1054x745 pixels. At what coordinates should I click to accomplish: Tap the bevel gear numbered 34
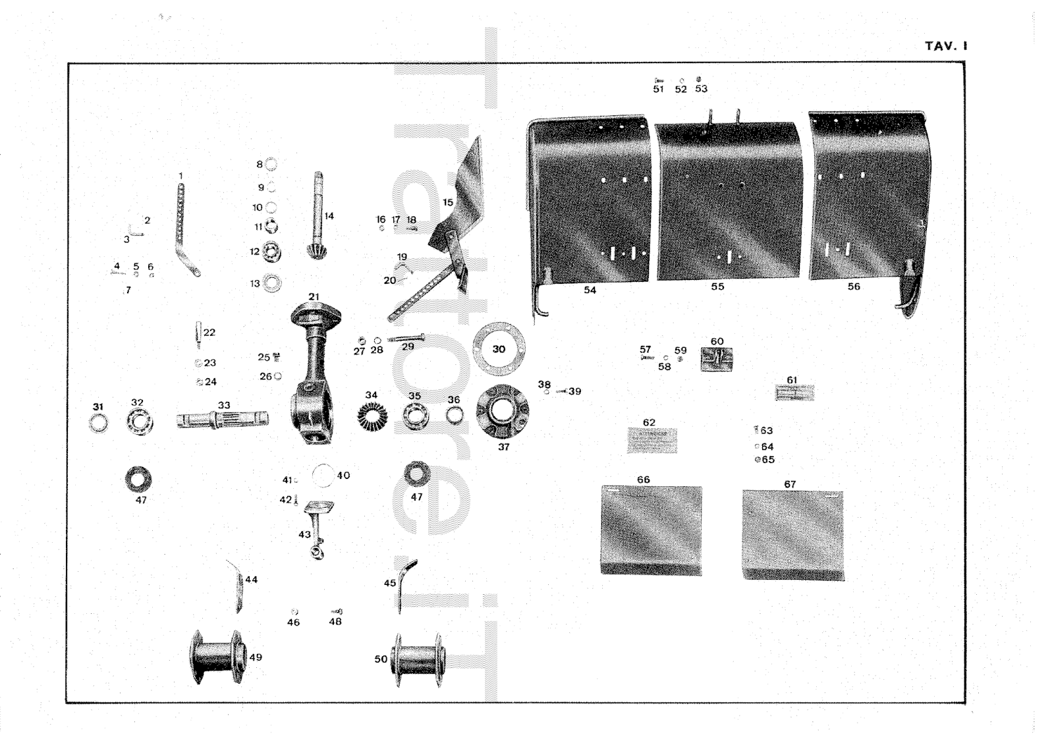coord(372,417)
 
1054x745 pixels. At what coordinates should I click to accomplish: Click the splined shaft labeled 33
coord(223,419)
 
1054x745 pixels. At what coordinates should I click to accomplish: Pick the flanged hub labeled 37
coord(504,412)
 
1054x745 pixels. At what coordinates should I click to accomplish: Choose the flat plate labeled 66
coord(651,530)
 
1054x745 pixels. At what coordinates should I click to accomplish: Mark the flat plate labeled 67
coord(792,535)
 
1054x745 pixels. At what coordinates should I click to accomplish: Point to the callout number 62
coord(649,422)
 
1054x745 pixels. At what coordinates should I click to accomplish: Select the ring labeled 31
coord(99,423)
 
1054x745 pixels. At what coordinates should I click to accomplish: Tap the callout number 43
coord(304,534)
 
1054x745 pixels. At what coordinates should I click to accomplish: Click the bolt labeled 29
coord(405,339)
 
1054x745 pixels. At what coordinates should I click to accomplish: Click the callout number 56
coord(854,287)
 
